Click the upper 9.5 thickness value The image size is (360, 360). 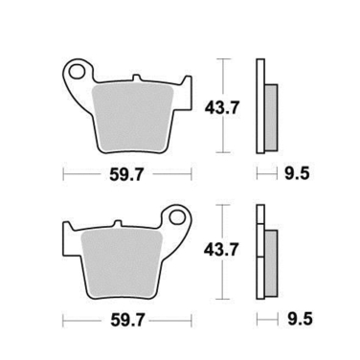297,175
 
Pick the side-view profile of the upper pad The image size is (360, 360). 265,105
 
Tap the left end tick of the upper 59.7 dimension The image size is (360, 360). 64,175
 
